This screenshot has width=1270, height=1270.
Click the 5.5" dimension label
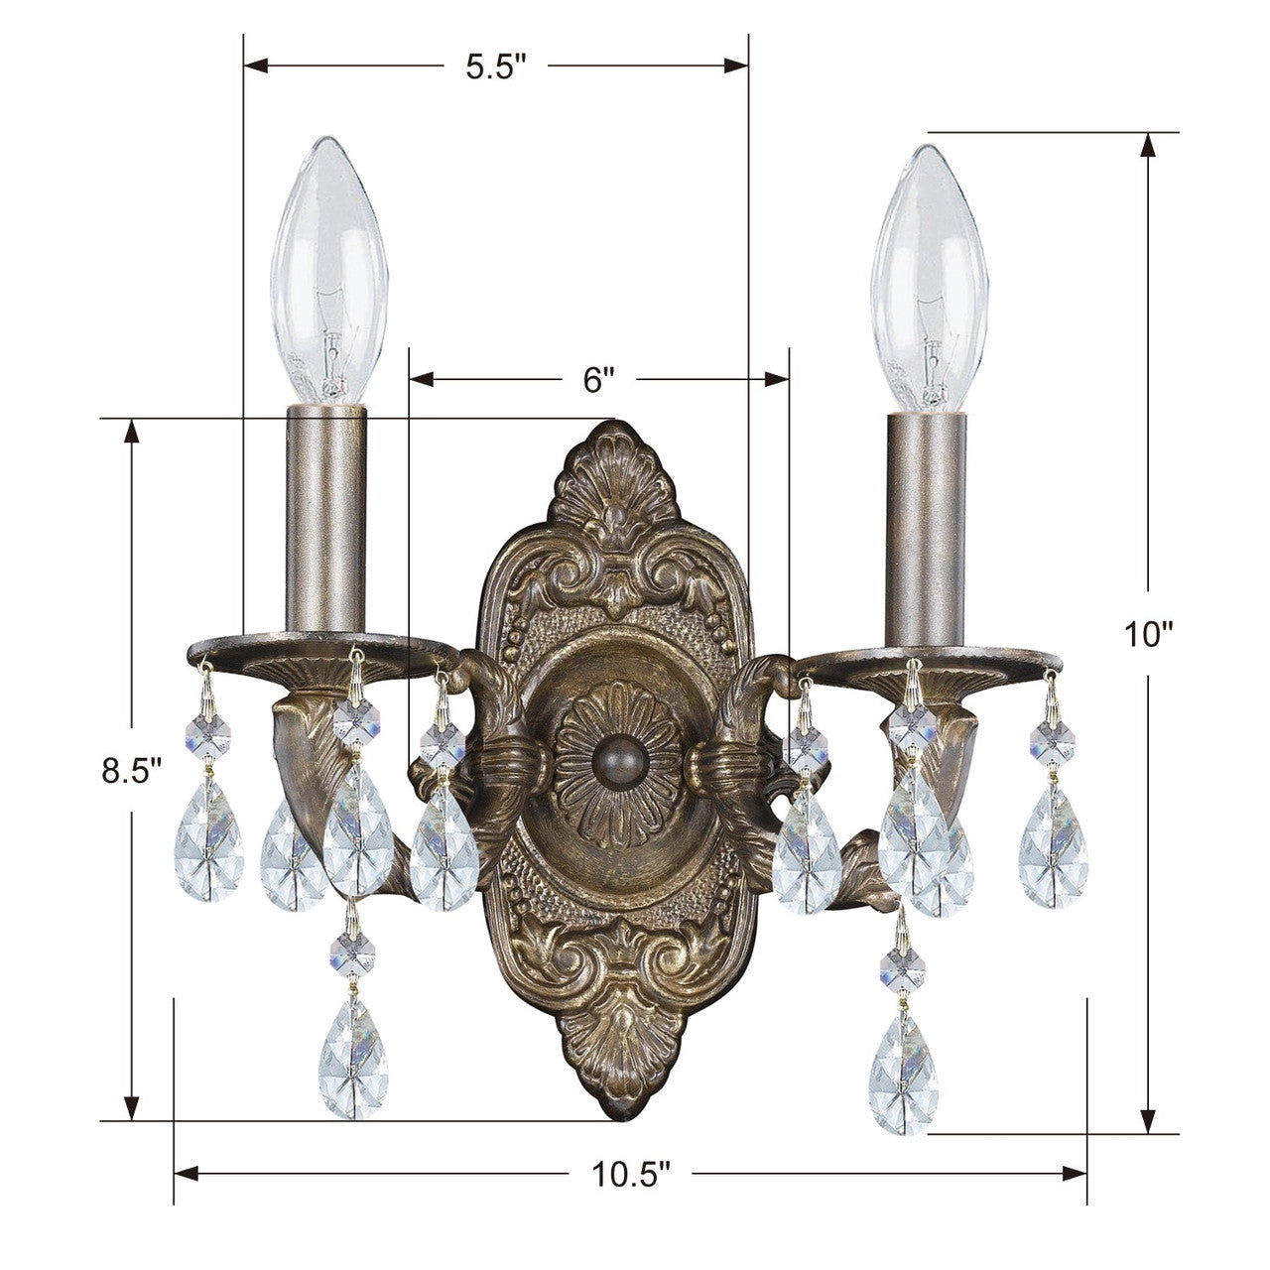(x=495, y=66)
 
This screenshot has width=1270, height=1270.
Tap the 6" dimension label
(x=599, y=379)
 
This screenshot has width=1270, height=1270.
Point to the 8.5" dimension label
(x=131, y=770)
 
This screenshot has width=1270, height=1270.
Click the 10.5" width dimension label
(x=632, y=1175)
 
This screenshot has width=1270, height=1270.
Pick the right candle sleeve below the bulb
(x=927, y=525)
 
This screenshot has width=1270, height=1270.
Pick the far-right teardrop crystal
(x=1054, y=860)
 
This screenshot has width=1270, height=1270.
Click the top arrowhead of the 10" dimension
(x=1149, y=145)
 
